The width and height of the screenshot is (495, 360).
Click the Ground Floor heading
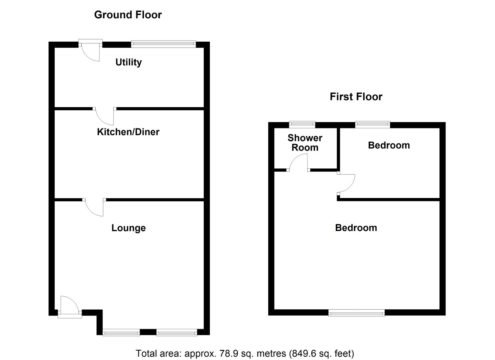128,15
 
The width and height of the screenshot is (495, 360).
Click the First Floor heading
356,97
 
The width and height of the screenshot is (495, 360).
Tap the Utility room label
128,62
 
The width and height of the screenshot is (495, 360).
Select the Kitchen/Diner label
128,132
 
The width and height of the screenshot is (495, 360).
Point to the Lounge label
128,228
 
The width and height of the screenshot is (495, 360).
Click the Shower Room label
305,143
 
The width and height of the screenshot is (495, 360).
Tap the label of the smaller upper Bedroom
389,145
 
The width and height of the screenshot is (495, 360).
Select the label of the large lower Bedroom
356,228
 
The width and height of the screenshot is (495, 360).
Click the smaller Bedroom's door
346,183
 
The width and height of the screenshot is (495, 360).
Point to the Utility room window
163,44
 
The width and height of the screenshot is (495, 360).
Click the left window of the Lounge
121,332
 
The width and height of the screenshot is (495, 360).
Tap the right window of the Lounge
177,332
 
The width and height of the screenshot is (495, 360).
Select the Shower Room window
302,125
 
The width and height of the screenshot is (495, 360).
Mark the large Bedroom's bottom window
356,313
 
